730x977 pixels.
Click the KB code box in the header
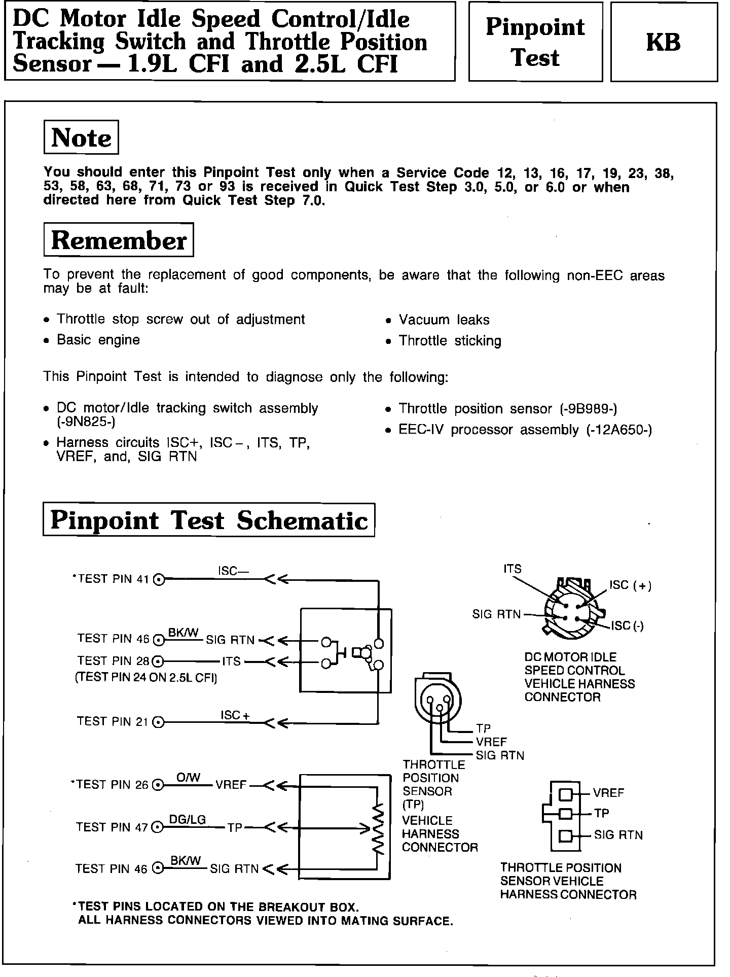664,42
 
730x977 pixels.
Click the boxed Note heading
81,137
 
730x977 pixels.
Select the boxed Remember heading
119,240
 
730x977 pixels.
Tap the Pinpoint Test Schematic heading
209,520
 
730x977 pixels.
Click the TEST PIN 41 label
113,579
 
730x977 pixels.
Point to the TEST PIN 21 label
113,721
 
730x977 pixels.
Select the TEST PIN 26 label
113,785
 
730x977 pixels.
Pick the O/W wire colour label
188,778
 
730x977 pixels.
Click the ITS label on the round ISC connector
512,569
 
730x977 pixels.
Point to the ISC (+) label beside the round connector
630,585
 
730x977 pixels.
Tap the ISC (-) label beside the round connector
627,626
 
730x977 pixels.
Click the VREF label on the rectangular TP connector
608,793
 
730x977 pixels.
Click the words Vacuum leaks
444,320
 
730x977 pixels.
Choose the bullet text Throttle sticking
450,341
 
